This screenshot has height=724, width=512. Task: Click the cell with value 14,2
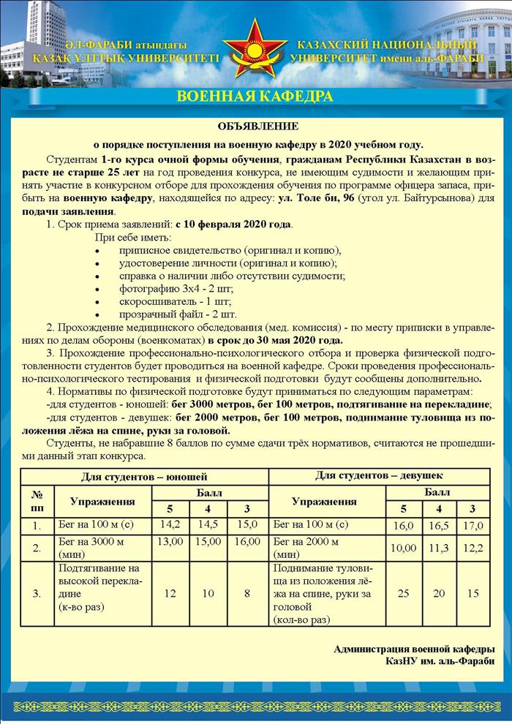170,524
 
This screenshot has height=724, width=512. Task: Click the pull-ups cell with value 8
247,593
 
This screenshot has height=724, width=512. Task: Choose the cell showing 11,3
439,547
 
